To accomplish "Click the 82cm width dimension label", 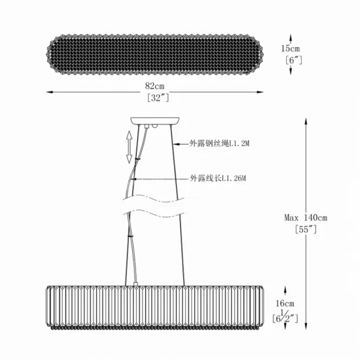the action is point(154,86).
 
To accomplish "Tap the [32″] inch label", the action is point(158,98).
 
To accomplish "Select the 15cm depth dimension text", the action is point(291,48).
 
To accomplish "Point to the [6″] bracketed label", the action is point(294,60).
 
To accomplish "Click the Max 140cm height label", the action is point(306,217).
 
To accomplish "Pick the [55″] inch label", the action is point(306,229).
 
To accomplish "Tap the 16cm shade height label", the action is point(285,304).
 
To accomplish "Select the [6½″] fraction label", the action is point(285,317).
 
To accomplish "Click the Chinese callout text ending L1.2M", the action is point(219,143).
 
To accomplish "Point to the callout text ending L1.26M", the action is point(218,178).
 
